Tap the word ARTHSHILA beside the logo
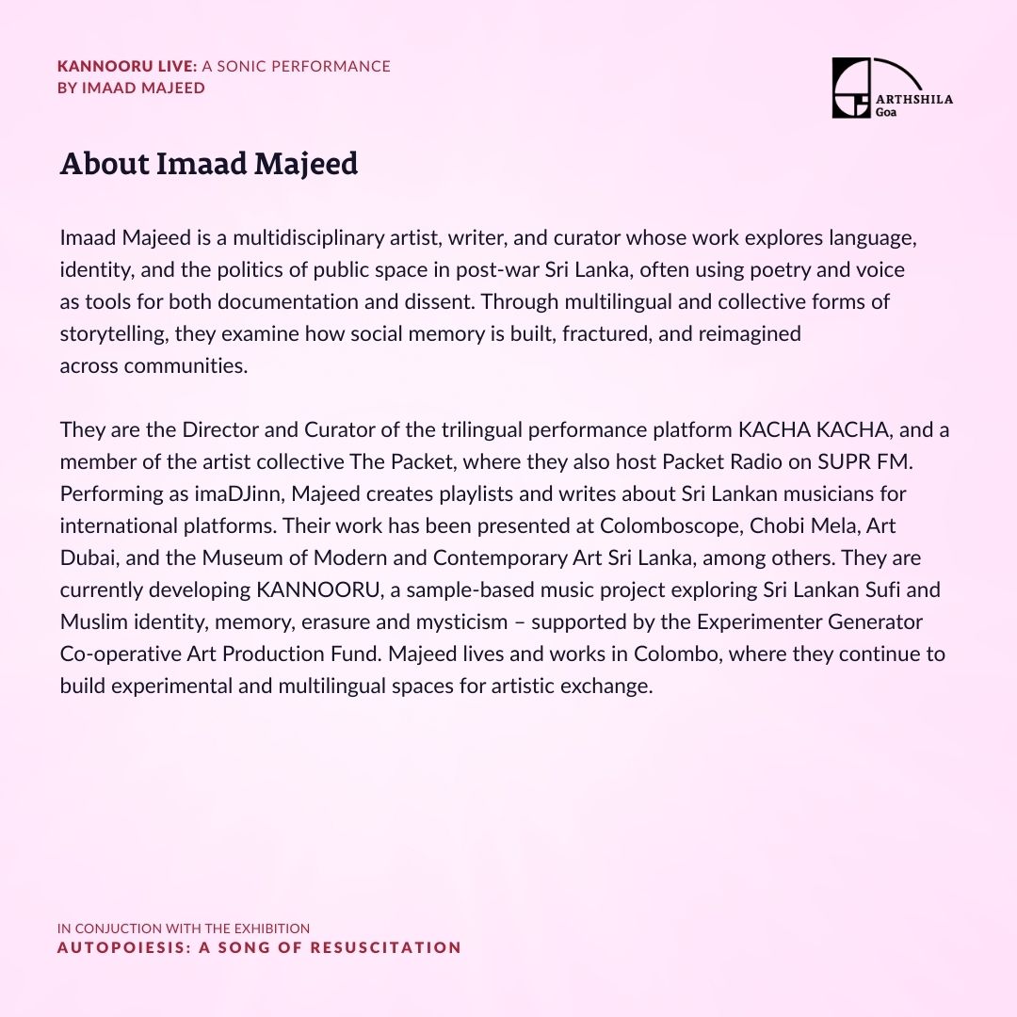[x=914, y=99]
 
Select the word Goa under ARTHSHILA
[x=887, y=110]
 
